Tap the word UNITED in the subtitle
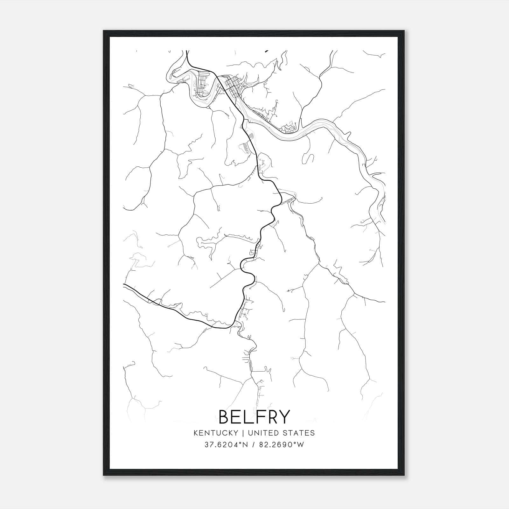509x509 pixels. pos(262,433)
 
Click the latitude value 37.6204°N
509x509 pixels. pos(226,445)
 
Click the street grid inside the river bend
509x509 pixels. pos(203,84)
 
